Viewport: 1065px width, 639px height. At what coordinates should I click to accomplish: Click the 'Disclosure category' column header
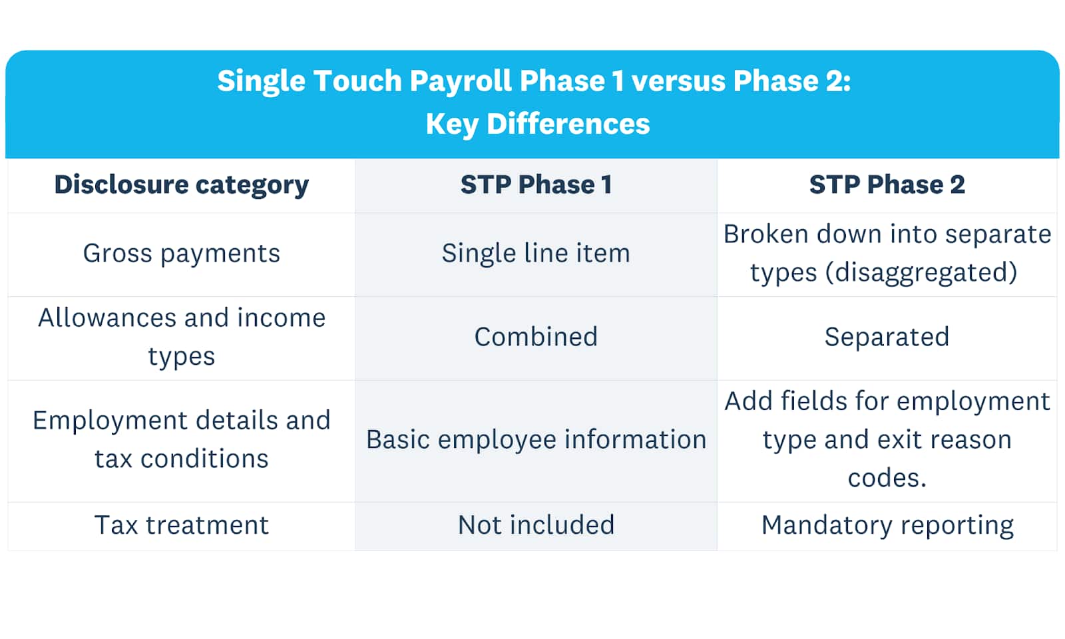[181, 185]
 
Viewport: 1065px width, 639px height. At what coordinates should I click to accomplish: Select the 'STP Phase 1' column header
[536, 184]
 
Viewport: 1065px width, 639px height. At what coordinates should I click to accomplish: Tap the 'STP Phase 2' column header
[887, 184]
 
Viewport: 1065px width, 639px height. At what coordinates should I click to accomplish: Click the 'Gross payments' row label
[181, 254]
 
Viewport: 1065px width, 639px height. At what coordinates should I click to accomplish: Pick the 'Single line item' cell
[536, 252]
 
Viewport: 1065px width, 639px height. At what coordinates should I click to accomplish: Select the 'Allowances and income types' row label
[181, 337]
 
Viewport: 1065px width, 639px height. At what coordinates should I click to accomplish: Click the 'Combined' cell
[536, 337]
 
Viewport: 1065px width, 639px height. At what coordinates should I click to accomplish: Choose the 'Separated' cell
[887, 337]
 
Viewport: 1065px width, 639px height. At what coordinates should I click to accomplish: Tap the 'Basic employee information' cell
[536, 440]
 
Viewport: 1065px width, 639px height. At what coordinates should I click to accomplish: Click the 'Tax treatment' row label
[181, 525]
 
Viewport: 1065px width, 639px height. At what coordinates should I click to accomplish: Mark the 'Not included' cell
[536, 525]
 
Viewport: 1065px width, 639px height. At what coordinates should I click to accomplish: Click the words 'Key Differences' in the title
[537, 124]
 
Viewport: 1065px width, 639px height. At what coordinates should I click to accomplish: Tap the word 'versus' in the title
[678, 81]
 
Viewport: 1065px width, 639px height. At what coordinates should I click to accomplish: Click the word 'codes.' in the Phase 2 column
[887, 478]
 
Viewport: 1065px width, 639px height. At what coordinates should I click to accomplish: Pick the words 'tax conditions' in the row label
[181, 459]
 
